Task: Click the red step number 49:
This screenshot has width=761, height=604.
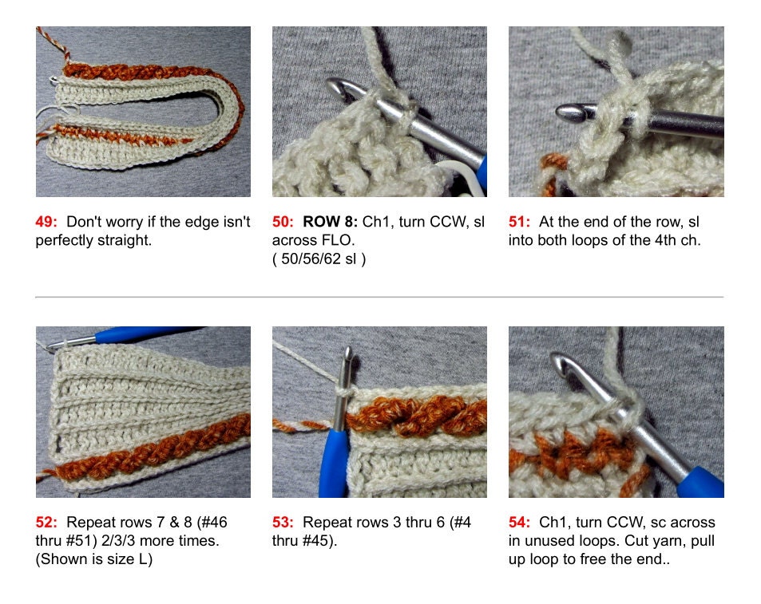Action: tap(48, 222)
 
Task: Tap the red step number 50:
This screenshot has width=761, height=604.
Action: tap(284, 222)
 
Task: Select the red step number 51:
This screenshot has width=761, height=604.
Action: tap(521, 222)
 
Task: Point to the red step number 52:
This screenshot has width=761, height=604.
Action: tap(48, 523)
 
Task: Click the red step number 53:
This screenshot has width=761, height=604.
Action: tap(284, 523)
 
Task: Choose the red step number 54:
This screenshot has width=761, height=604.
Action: tap(521, 523)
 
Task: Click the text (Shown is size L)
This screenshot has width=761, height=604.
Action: tap(94, 559)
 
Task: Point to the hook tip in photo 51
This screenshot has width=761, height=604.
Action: tap(565, 111)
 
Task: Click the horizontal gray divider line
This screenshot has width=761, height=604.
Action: tap(379, 297)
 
